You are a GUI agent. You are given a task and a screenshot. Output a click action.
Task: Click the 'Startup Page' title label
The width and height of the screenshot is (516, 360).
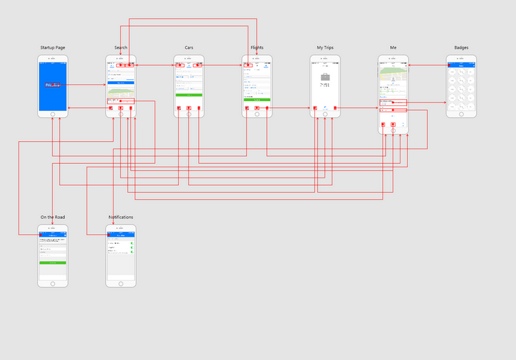pos(52,47)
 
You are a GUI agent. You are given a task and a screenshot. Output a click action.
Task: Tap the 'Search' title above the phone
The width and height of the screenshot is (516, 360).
pos(121,47)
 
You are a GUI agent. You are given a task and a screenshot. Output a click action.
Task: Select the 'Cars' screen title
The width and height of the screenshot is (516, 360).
pos(189,47)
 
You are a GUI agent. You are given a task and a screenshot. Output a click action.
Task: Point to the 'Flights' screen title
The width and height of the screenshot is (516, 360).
pos(257,47)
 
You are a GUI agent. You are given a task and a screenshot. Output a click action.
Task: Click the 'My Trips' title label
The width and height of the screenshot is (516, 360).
pos(325,47)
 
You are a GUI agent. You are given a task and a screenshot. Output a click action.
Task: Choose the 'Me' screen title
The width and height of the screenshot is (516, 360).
pos(393,47)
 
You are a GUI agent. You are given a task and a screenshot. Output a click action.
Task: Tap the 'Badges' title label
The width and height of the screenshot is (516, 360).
pos(461,47)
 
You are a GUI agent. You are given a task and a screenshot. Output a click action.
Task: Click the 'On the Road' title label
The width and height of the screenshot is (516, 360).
pos(52,218)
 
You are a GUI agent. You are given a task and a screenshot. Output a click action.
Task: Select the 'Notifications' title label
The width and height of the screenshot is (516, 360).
pos(121,218)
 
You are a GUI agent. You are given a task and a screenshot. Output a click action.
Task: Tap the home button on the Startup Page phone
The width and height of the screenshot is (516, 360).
pos(52,114)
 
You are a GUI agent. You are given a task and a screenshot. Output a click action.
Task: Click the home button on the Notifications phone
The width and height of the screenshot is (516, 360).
pos(121,283)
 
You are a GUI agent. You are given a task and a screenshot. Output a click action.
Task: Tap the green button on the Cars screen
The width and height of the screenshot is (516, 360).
pos(189,94)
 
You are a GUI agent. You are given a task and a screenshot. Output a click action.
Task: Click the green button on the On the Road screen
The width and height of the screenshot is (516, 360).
pos(52,263)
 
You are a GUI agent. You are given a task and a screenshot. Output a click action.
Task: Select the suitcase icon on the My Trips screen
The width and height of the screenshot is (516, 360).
pos(325,76)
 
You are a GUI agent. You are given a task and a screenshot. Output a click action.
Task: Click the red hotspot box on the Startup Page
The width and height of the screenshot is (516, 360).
pos(53,85)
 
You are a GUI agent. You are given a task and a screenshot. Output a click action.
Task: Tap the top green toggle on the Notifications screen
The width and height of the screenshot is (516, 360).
pos(131,243)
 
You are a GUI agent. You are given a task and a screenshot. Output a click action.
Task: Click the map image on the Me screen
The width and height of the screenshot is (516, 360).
pos(393,70)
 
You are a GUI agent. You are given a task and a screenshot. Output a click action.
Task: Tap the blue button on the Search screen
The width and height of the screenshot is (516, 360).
pos(121,83)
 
